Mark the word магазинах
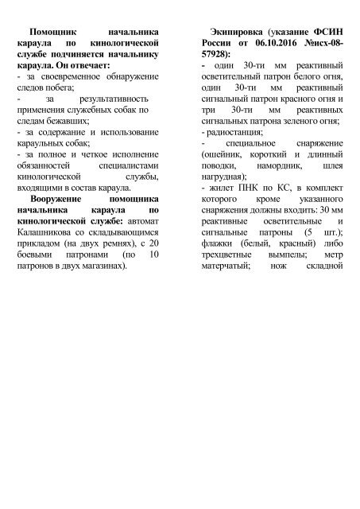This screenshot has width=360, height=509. point(103,266)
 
